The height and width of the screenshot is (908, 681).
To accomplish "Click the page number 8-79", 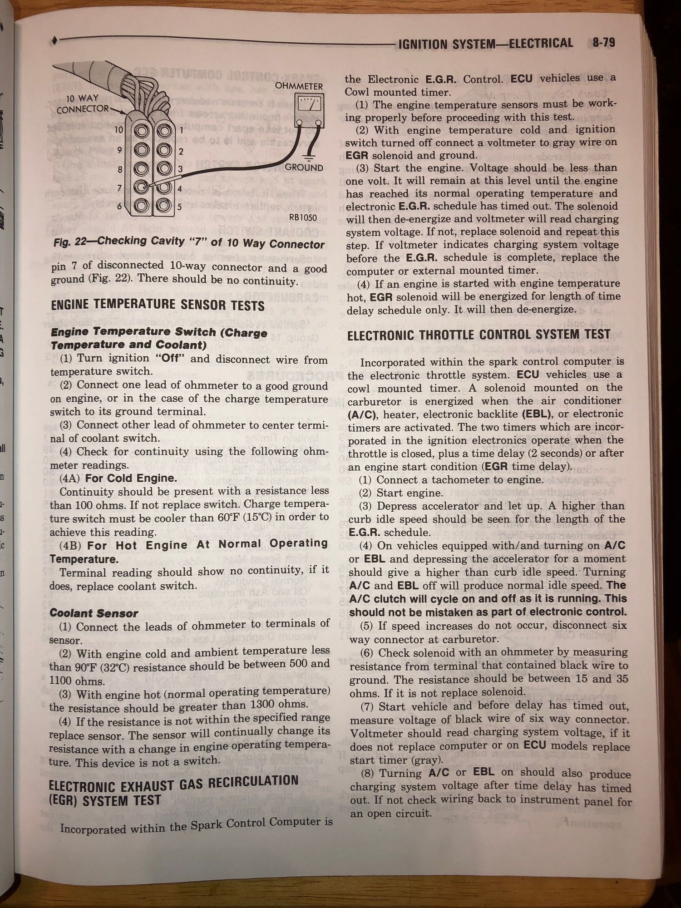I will pyautogui.click(x=603, y=43).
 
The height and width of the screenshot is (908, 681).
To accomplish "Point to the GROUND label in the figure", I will pyautogui.click(x=304, y=168).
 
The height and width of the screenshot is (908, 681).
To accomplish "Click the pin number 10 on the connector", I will pyautogui.click(x=119, y=130).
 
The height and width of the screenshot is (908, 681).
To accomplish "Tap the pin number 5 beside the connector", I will pyautogui.click(x=180, y=207).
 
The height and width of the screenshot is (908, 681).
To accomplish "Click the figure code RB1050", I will pyautogui.click(x=303, y=217).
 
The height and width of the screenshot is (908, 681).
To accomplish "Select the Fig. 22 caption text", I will pyautogui.click(x=188, y=242).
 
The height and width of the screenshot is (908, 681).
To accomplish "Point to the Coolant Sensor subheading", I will pyautogui.click(x=94, y=613).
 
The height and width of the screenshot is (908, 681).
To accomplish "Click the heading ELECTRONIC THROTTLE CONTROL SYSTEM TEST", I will pyautogui.click(x=479, y=335).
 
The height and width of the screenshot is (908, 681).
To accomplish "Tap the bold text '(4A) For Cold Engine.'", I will pyautogui.click(x=118, y=478).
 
